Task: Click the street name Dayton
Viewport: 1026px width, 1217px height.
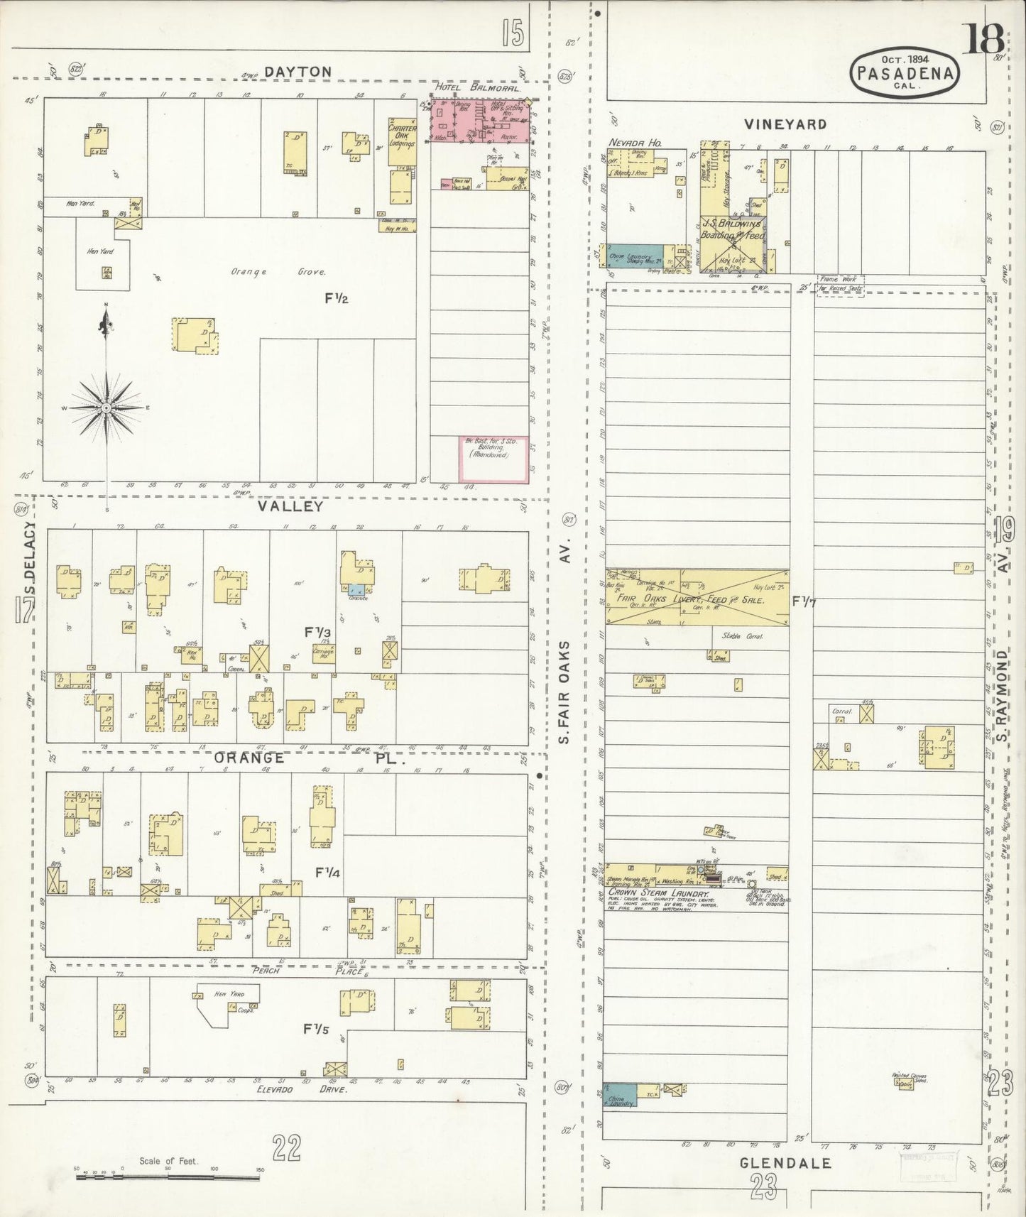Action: pos(298,72)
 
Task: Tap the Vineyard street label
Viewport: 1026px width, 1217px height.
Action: pos(785,124)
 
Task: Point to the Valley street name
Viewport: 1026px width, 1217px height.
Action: pos(290,506)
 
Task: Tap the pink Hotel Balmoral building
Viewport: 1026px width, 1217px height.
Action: pos(480,119)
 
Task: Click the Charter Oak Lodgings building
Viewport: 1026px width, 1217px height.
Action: pos(402,134)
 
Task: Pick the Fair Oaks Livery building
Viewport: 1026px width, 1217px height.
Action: pos(696,597)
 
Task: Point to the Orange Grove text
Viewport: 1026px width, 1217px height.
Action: pos(278,272)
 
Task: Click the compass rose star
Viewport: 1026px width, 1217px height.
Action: pos(106,408)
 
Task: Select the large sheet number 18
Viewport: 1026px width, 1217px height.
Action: pos(983,40)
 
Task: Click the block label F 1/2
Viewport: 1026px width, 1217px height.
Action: pos(337,299)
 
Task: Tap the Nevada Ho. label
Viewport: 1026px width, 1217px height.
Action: pos(635,143)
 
